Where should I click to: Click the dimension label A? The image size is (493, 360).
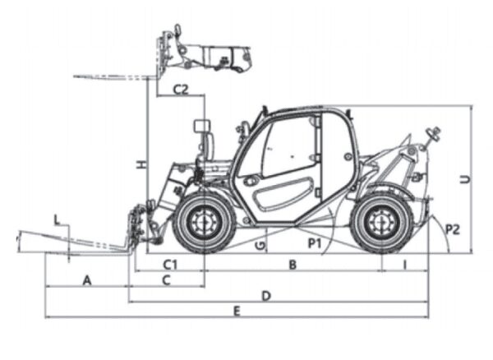(86, 280)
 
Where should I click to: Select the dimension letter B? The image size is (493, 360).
(292, 265)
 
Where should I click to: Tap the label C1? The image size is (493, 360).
(170, 265)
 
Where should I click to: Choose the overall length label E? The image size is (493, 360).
(237, 311)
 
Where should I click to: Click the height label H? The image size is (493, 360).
(141, 165)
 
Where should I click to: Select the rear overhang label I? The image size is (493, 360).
(405, 265)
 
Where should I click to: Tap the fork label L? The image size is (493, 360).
(56, 219)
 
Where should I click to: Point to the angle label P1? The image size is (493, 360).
(314, 243)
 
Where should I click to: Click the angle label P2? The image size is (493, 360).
(451, 229)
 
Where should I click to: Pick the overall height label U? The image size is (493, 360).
(465, 177)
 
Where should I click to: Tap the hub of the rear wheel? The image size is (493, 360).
(380, 220)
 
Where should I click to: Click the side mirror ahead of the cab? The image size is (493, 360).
(201, 130)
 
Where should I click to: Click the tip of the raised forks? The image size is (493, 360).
(76, 76)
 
